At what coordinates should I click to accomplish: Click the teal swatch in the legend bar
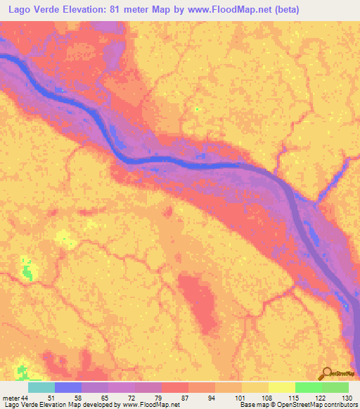click(41, 387)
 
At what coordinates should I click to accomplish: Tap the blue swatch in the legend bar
click(68, 387)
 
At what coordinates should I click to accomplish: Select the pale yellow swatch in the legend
click(282, 387)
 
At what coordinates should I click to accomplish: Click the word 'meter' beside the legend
click(11, 398)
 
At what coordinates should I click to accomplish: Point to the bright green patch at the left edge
click(27, 270)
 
